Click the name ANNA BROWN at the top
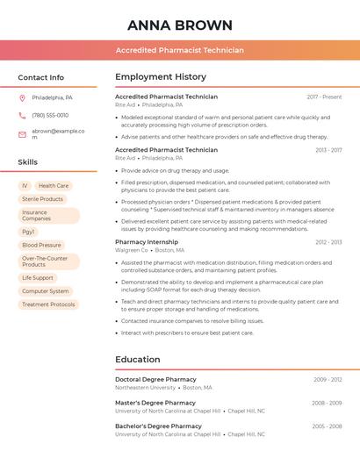(x=180, y=25)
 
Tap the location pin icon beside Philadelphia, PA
(x=22, y=97)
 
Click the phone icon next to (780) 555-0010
(x=22, y=115)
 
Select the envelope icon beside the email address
(x=22, y=133)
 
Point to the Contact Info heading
(x=40, y=77)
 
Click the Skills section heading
(x=27, y=161)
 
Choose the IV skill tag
(x=25, y=186)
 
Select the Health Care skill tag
(x=53, y=186)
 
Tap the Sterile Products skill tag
(x=42, y=199)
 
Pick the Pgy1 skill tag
(x=28, y=232)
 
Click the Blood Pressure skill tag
(x=41, y=245)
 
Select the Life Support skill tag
(x=38, y=277)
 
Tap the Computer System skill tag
(x=45, y=290)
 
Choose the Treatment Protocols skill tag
(x=48, y=304)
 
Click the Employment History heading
(x=161, y=77)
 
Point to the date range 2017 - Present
(x=324, y=97)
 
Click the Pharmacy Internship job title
(x=147, y=241)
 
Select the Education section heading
(x=138, y=359)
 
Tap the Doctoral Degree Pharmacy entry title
(x=155, y=380)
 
